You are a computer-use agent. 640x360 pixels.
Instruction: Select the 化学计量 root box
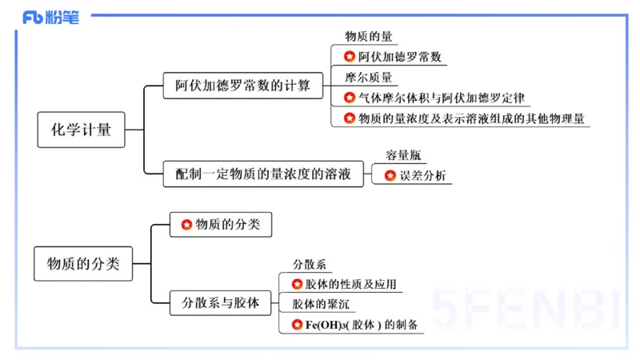tap(82, 130)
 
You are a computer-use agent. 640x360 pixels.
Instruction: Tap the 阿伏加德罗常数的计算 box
tap(243, 86)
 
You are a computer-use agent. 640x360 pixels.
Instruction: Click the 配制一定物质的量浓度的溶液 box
tap(263, 173)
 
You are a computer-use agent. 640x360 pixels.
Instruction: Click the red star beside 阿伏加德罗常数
tap(350, 57)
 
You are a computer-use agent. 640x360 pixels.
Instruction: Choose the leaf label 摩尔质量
tap(369, 78)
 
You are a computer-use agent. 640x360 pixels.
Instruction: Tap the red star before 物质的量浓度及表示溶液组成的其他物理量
tap(350, 118)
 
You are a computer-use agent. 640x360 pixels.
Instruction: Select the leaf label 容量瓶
tap(403, 155)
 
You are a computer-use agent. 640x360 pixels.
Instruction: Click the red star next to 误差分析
tap(390, 175)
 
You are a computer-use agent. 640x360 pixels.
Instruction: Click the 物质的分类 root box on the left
tap(83, 263)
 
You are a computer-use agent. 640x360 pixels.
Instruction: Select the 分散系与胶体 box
tap(221, 303)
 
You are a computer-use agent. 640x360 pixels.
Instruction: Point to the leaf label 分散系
tap(309, 264)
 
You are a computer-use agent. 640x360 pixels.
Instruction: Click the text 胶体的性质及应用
tap(350, 284)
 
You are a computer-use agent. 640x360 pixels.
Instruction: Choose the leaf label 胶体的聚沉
tap(320, 304)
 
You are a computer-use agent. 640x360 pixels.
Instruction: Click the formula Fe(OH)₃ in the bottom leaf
tap(323, 325)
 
